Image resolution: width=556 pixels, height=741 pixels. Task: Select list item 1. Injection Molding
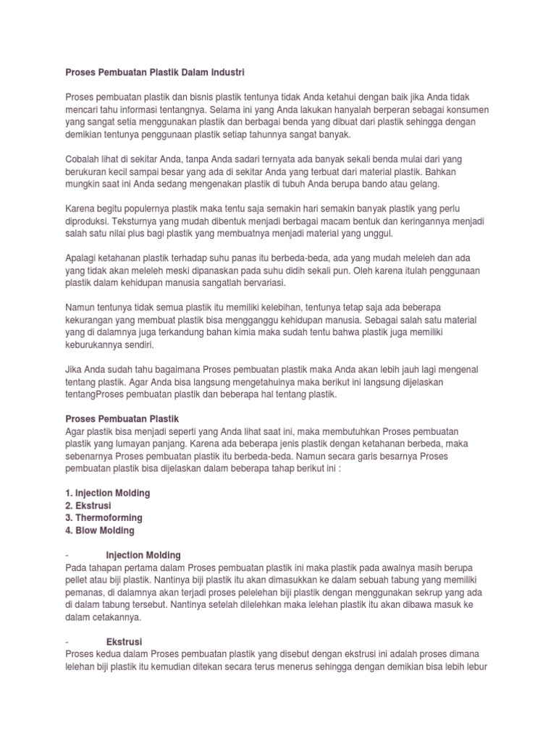click(108, 493)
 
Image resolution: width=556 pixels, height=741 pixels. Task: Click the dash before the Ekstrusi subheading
click(67, 642)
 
